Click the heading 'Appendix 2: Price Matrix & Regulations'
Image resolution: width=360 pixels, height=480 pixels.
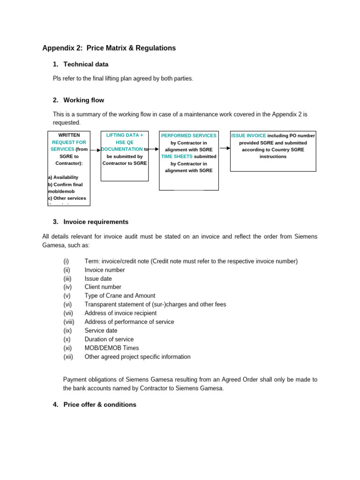coord(109,48)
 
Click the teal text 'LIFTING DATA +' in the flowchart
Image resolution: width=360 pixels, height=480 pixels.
coord(125,135)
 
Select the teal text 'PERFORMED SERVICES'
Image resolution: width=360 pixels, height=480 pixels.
coord(188,135)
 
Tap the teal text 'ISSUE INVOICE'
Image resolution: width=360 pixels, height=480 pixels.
coord(248,135)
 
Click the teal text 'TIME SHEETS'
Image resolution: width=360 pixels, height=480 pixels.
coord(177,157)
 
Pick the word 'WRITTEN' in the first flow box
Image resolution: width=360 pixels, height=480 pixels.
coord(69,135)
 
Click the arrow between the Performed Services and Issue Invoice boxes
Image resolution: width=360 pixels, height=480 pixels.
coord(225,148)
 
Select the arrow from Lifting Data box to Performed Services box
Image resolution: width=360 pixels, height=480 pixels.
coord(154,149)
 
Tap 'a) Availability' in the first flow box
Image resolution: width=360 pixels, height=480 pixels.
coord(63,177)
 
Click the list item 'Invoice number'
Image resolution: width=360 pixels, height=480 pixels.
coord(105,270)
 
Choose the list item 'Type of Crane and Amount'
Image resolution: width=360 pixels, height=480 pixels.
coord(120,296)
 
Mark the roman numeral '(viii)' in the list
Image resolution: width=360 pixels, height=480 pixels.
coord(69,322)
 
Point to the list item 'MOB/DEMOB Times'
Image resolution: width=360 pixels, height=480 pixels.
coord(112,348)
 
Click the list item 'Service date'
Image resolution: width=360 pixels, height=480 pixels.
coord(101,330)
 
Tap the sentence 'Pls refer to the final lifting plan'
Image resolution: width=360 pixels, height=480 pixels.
coord(123,79)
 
